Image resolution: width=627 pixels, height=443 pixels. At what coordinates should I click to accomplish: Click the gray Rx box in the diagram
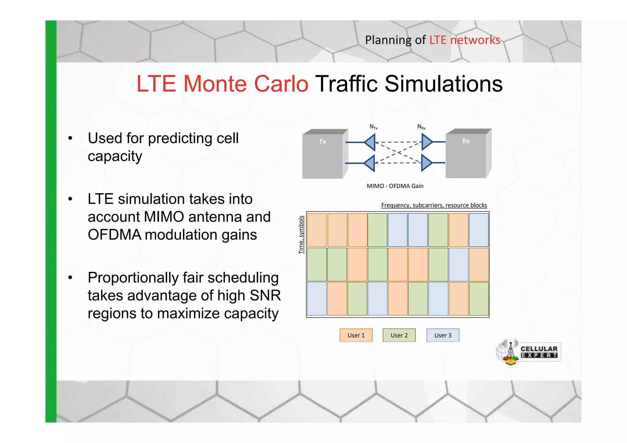click(466, 156)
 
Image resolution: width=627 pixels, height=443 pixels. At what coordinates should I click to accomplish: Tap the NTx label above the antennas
click(374, 127)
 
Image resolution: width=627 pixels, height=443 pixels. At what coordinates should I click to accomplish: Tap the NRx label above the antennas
click(421, 127)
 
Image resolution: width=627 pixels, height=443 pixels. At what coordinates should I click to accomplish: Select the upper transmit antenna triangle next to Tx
click(370, 142)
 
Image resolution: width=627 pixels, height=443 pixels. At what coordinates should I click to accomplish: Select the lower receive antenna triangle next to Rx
click(426, 163)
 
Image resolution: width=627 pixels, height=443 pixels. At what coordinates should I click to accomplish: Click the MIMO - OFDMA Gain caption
click(395, 186)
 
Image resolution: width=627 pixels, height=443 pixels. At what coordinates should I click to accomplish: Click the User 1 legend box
click(356, 335)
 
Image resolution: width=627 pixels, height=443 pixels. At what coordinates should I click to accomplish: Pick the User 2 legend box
click(399, 335)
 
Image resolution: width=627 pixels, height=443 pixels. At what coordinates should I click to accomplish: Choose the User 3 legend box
click(443, 335)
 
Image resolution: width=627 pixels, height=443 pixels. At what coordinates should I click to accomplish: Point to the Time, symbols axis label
click(301, 235)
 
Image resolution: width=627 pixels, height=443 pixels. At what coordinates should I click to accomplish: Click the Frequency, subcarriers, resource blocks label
click(434, 205)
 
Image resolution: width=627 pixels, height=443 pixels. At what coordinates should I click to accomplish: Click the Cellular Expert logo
click(528, 352)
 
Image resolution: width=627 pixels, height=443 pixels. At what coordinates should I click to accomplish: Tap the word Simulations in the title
click(443, 84)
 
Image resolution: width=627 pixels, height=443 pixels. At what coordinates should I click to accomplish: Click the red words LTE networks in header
click(464, 40)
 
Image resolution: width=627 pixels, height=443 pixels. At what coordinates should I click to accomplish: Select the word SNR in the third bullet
click(265, 295)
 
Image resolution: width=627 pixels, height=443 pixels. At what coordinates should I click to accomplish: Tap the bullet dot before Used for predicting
click(70, 138)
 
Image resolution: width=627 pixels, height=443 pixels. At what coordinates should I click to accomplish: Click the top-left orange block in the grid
click(317, 230)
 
